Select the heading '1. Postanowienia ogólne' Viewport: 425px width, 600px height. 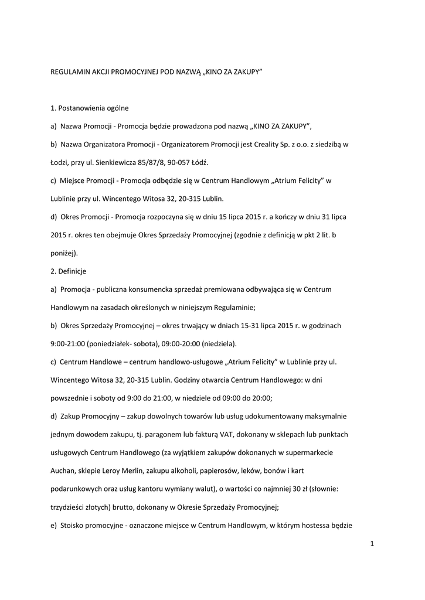pos(90,108)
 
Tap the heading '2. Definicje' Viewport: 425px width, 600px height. pos(69,271)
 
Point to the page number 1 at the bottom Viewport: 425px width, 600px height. pos(372,544)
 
